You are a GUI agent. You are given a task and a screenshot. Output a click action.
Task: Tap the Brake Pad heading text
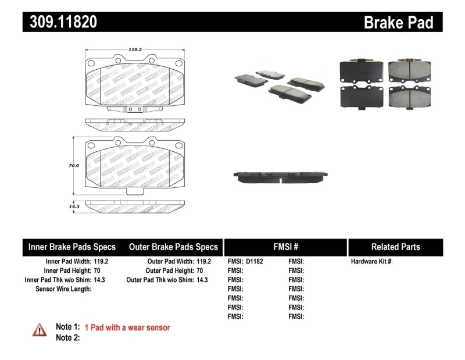point(398,22)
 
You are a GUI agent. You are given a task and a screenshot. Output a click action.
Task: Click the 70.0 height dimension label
point(74,166)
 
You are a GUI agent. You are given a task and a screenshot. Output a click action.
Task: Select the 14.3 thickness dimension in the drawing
point(74,206)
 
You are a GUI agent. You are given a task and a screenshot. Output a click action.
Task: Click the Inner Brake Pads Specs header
point(72,247)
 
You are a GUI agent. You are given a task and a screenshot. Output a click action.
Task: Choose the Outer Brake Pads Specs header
point(173,247)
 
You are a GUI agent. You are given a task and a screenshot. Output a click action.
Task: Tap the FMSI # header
point(285,247)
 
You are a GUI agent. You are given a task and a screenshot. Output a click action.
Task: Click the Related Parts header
point(395,247)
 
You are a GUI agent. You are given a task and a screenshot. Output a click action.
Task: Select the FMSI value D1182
point(255,261)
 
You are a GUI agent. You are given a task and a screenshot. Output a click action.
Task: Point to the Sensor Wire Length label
point(63,289)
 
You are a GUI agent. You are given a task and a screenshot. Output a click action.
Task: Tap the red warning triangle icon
point(40,330)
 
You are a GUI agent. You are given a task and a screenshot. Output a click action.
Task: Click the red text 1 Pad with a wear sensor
point(127,327)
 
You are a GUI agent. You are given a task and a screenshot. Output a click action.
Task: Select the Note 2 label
point(67,337)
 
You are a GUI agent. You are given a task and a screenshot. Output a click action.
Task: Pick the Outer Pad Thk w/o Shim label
point(161,280)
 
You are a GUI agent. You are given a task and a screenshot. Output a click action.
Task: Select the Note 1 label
point(67,327)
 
